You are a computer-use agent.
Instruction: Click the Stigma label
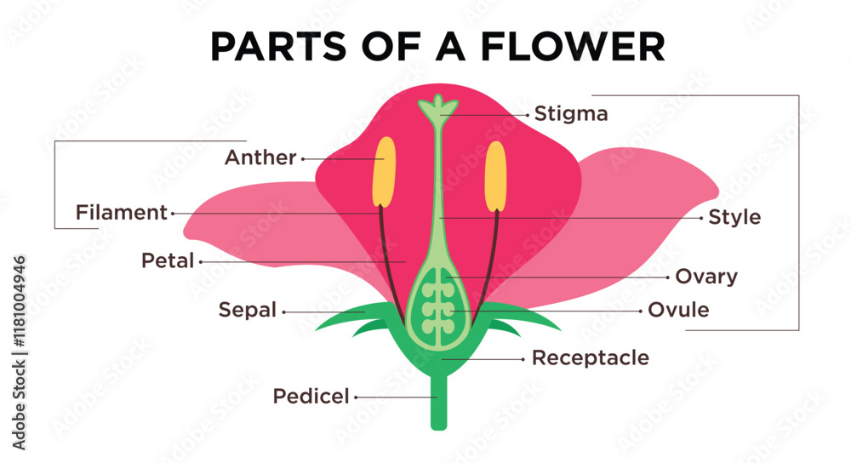click(x=570, y=114)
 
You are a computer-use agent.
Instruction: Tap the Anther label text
click(x=260, y=157)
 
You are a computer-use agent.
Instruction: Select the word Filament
click(x=122, y=213)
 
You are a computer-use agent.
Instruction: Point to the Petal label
click(x=168, y=261)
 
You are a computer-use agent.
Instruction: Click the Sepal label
click(x=248, y=311)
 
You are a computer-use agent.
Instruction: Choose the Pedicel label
click(x=311, y=396)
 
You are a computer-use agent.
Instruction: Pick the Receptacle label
click(x=590, y=358)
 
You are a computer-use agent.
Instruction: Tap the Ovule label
click(x=678, y=310)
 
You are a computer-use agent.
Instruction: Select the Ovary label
click(x=705, y=277)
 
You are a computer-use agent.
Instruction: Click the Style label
click(x=734, y=218)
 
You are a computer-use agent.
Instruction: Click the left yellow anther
click(x=385, y=171)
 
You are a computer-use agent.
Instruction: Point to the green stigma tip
click(x=438, y=107)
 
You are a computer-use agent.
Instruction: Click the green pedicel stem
click(x=438, y=404)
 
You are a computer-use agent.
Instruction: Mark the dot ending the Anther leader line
click(x=303, y=158)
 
